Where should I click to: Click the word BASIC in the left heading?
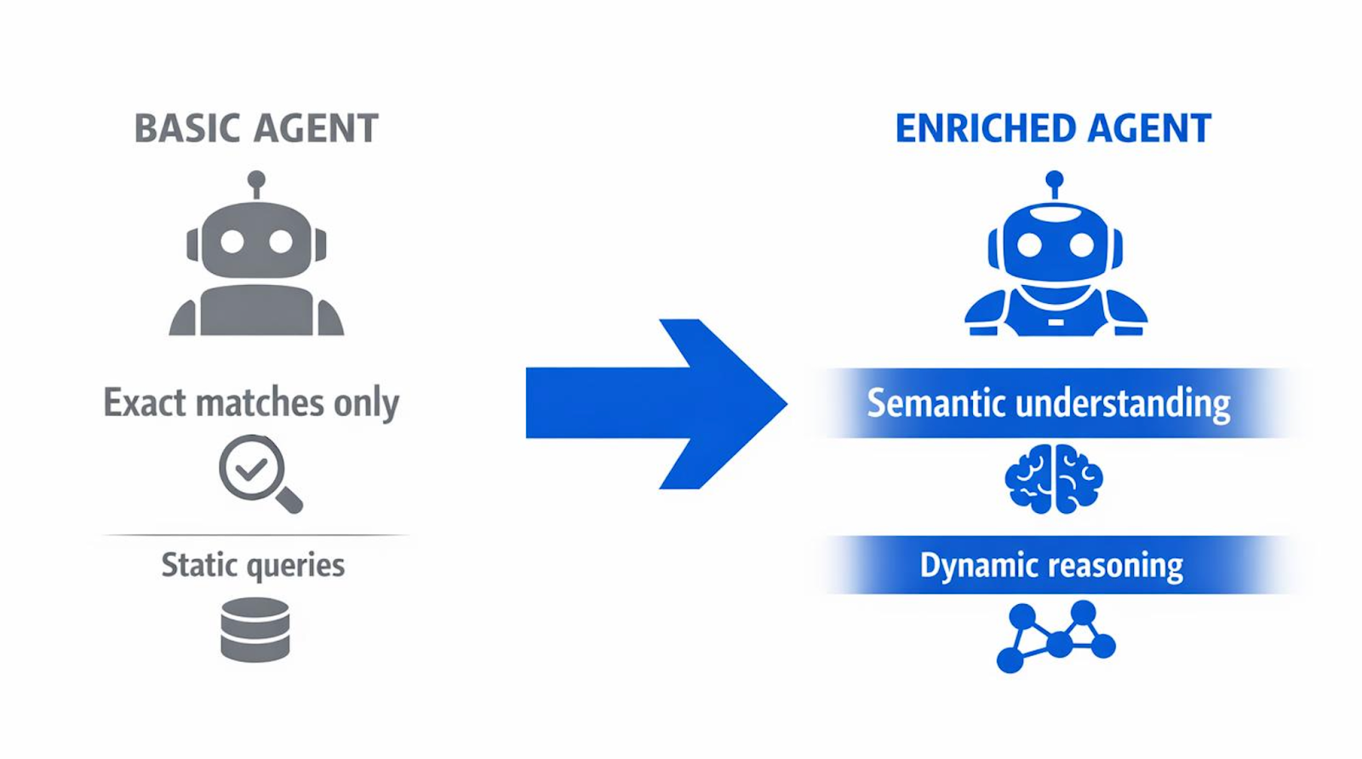pyautogui.click(x=188, y=129)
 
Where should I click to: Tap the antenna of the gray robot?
pyautogui.click(x=256, y=181)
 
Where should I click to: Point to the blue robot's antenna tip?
pyautogui.click(x=1055, y=180)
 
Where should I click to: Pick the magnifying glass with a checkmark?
pyautogui.click(x=259, y=473)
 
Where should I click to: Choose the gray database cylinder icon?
pyautogui.click(x=255, y=630)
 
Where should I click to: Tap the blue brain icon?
pyautogui.click(x=1054, y=478)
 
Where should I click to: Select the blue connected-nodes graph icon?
pyautogui.click(x=1056, y=636)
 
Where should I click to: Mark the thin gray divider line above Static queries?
pyautogui.click(x=255, y=535)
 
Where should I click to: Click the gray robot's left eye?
pyautogui.click(x=232, y=242)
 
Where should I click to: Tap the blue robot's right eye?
pyautogui.click(x=1081, y=245)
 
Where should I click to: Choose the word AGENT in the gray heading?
pyautogui.click(x=316, y=129)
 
